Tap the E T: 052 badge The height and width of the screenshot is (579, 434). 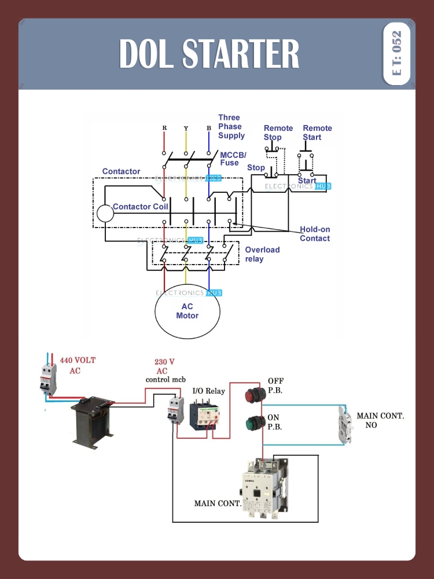(x=396, y=53)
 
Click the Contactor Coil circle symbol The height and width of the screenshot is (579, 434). (x=105, y=214)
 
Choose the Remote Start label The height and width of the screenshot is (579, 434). (x=317, y=133)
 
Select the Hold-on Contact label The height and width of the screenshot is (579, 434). (x=315, y=234)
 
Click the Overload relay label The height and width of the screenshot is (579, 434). (x=262, y=254)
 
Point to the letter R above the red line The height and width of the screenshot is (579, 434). (x=164, y=127)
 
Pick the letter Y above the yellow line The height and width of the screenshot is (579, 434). (x=186, y=127)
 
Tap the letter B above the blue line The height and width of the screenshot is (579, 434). (x=208, y=127)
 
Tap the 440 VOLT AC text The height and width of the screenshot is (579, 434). (x=78, y=365)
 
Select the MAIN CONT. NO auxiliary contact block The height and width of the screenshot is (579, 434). (x=345, y=424)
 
